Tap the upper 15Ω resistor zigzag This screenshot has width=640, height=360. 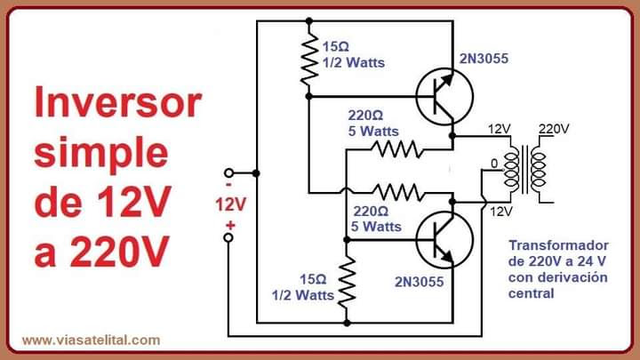tap(309, 61)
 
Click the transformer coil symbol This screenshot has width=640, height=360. tap(524, 169)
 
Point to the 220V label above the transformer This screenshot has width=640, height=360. tap(553, 129)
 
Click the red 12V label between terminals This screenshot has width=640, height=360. tap(228, 204)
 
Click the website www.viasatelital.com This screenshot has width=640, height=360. tap(91, 340)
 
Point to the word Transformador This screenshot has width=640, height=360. tap(558, 244)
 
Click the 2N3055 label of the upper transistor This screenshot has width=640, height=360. tap(484, 60)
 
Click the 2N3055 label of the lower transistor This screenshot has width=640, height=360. tap(419, 281)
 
